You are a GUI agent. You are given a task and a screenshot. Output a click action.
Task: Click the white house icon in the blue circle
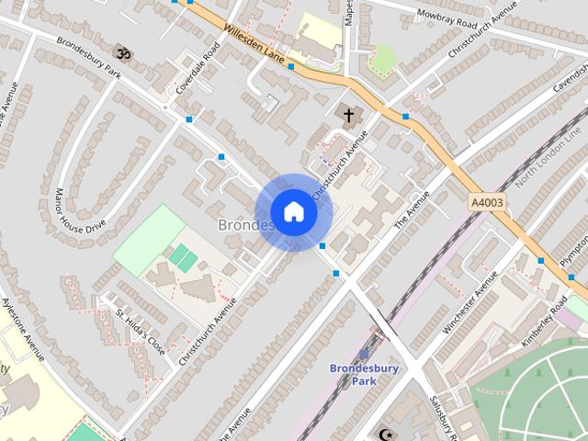(x=293, y=212)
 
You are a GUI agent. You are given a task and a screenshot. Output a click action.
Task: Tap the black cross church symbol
(x=348, y=116)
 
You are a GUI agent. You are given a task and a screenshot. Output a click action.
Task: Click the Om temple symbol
(x=124, y=55)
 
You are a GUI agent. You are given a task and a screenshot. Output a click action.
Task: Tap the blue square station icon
(x=365, y=354)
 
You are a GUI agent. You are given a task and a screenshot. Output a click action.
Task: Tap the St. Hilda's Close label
(x=139, y=328)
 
